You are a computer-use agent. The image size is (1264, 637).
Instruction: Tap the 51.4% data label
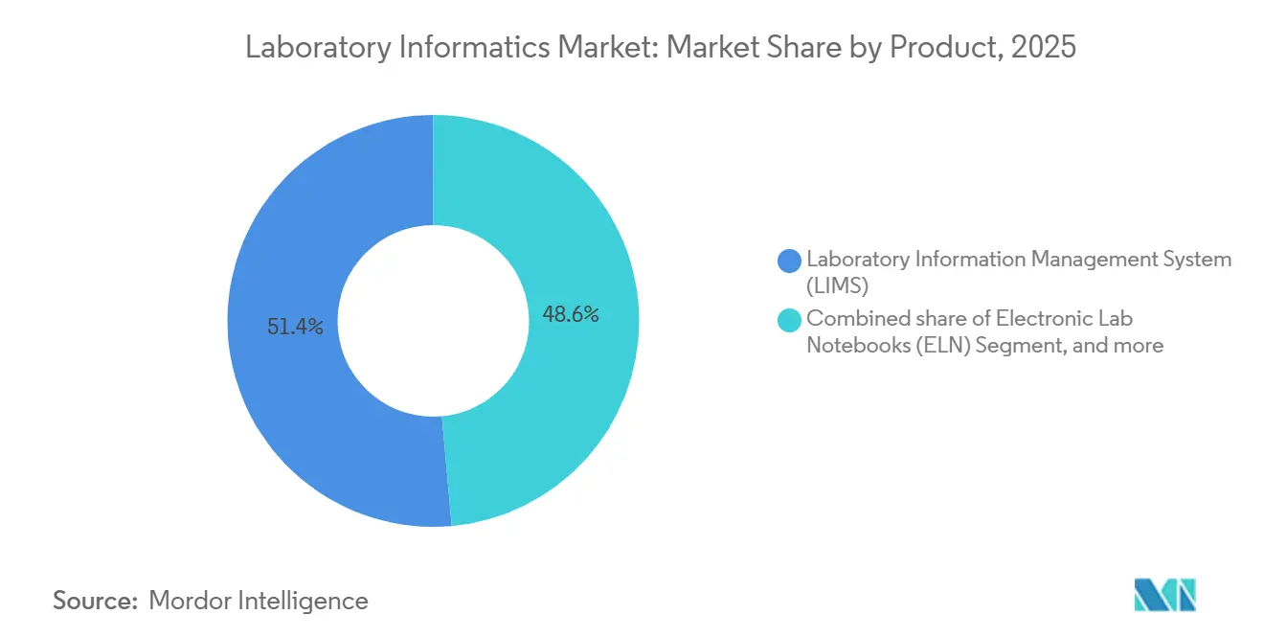click(295, 327)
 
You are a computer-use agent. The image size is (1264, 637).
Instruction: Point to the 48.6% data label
click(571, 314)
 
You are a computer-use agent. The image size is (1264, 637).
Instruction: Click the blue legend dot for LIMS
click(790, 260)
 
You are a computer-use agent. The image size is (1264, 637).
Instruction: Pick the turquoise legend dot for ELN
click(790, 320)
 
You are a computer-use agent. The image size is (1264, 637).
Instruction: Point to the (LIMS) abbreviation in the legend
click(837, 284)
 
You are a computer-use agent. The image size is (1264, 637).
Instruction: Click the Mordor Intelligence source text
click(259, 601)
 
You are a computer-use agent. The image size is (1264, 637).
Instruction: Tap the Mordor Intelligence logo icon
click(1164, 595)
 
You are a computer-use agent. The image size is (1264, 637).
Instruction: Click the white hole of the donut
click(433, 321)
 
